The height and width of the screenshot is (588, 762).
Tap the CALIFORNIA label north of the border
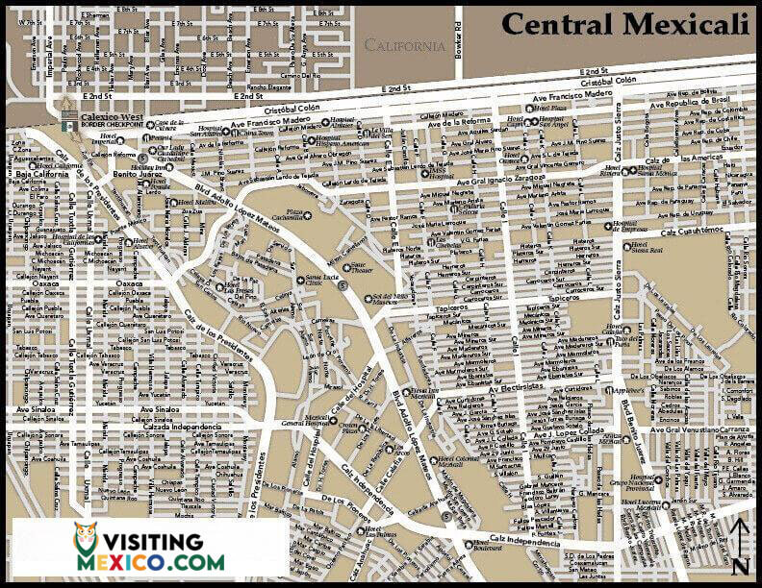(404, 45)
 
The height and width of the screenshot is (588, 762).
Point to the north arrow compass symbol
(739, 548)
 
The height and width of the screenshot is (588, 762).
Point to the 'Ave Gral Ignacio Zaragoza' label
(510, 181)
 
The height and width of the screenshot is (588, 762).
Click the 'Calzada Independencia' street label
(183, 427)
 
